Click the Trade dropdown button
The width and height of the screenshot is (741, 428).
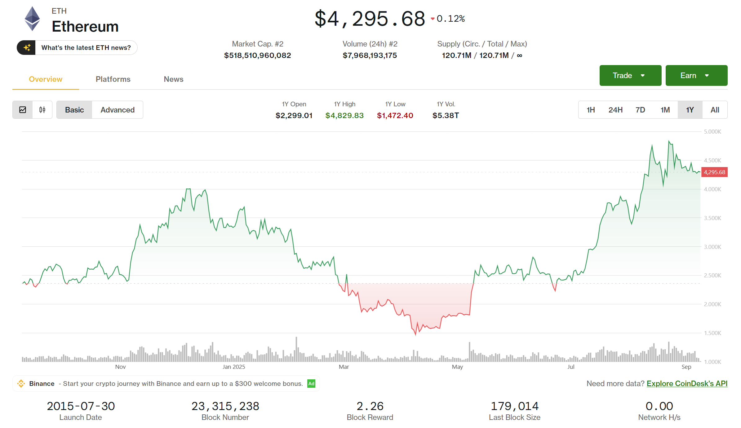(x=630, y=75)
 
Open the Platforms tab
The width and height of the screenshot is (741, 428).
(x=113, y=79)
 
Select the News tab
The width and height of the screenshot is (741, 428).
(x=173, y=79)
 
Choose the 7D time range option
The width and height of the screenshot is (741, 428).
(x=640, y=110)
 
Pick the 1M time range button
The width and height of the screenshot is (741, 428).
(x=665, y=110)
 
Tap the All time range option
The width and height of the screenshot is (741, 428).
(x=715, y=110)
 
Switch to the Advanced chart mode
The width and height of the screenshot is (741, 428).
(x=118, y=110)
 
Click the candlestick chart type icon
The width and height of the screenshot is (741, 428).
(x=42, y=110)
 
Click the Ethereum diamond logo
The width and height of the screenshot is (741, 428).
(x=32, y=19)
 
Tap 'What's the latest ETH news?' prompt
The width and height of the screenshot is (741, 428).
(x=86, y=48)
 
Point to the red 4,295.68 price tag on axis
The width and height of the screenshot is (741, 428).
(x=714, y=172)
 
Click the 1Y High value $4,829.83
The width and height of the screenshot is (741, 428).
(x=344, y=116)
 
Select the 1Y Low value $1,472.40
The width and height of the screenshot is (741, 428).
(x=395, y=116)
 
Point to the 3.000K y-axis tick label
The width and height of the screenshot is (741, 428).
(x=712, y=247)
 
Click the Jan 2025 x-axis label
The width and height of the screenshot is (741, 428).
(x=234, y=367)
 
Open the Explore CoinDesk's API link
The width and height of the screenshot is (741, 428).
(x=687, y=384)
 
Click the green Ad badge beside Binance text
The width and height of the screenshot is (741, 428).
(x=311, y=384)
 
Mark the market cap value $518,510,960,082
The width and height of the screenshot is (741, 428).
(x=257, y=55)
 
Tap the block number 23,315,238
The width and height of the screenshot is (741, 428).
(x=225, y=406)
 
